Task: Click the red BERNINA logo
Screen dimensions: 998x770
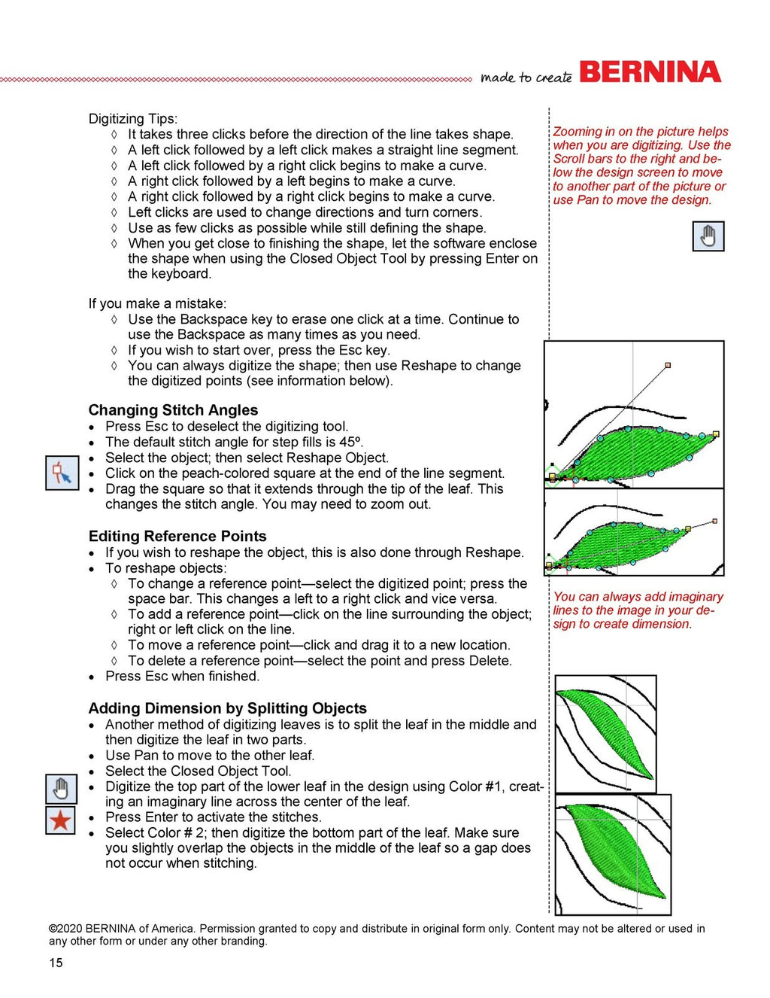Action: click(650, 72)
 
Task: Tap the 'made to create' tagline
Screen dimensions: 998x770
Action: click(526, 78)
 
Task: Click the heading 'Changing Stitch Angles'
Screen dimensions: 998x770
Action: click(173, 410)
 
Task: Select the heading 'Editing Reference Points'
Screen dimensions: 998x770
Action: click(177, 536)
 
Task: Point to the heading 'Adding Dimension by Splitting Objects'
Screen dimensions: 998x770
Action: click(227, 708)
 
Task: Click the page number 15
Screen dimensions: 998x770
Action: click(56, 963)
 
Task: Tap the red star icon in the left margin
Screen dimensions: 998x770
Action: click(60, 820)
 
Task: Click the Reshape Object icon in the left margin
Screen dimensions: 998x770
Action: click(62, 473)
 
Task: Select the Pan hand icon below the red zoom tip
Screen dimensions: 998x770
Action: click(708, 236)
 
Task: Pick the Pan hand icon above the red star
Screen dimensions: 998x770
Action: click(60, 789)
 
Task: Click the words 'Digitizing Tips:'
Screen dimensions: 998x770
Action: click(133, 119)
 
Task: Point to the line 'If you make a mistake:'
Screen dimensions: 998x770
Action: click(157, 303)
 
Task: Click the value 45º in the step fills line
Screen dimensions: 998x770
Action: click(350, 442)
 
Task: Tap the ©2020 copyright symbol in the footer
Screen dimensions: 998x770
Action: click(53, 929)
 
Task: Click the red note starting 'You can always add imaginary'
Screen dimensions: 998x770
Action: click(638, 610)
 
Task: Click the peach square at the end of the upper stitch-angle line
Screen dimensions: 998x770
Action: click(668, 365)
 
